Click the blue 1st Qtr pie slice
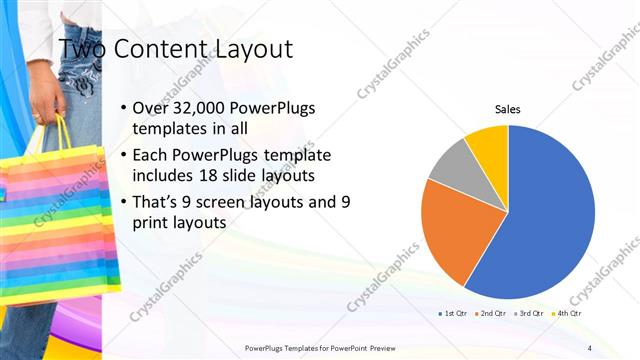(x=545, y=215)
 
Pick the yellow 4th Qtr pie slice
(x=490, y=141)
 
